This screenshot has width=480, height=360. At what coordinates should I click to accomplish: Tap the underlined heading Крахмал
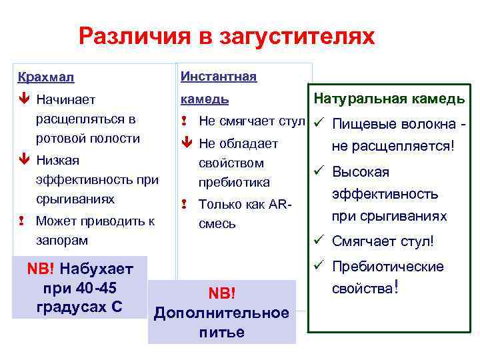click(x=46, y=77)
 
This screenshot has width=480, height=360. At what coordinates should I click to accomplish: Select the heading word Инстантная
click(x=218, y=76)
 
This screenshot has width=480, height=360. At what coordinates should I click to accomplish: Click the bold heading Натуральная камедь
click(x=389, y=99)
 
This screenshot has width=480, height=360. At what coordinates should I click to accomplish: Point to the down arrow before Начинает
click(x=24, y=100)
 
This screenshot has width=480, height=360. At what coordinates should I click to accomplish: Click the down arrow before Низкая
click(x=24, y=160)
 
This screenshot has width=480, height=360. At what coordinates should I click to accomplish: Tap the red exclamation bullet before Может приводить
click(x=24, y=221)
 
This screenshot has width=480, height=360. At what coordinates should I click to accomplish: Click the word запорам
click(x=62, y=239)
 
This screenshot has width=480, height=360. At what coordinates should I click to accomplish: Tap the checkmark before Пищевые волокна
click(x=319, y=123)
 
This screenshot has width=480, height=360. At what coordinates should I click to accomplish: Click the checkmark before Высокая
click(x=319, y=171)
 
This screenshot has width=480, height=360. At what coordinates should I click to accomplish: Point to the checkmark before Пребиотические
click(x=319, y=265)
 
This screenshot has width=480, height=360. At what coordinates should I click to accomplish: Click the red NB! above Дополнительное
click(x=222, y=294)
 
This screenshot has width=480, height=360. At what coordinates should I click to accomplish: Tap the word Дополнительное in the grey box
click(x=221, y=313)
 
